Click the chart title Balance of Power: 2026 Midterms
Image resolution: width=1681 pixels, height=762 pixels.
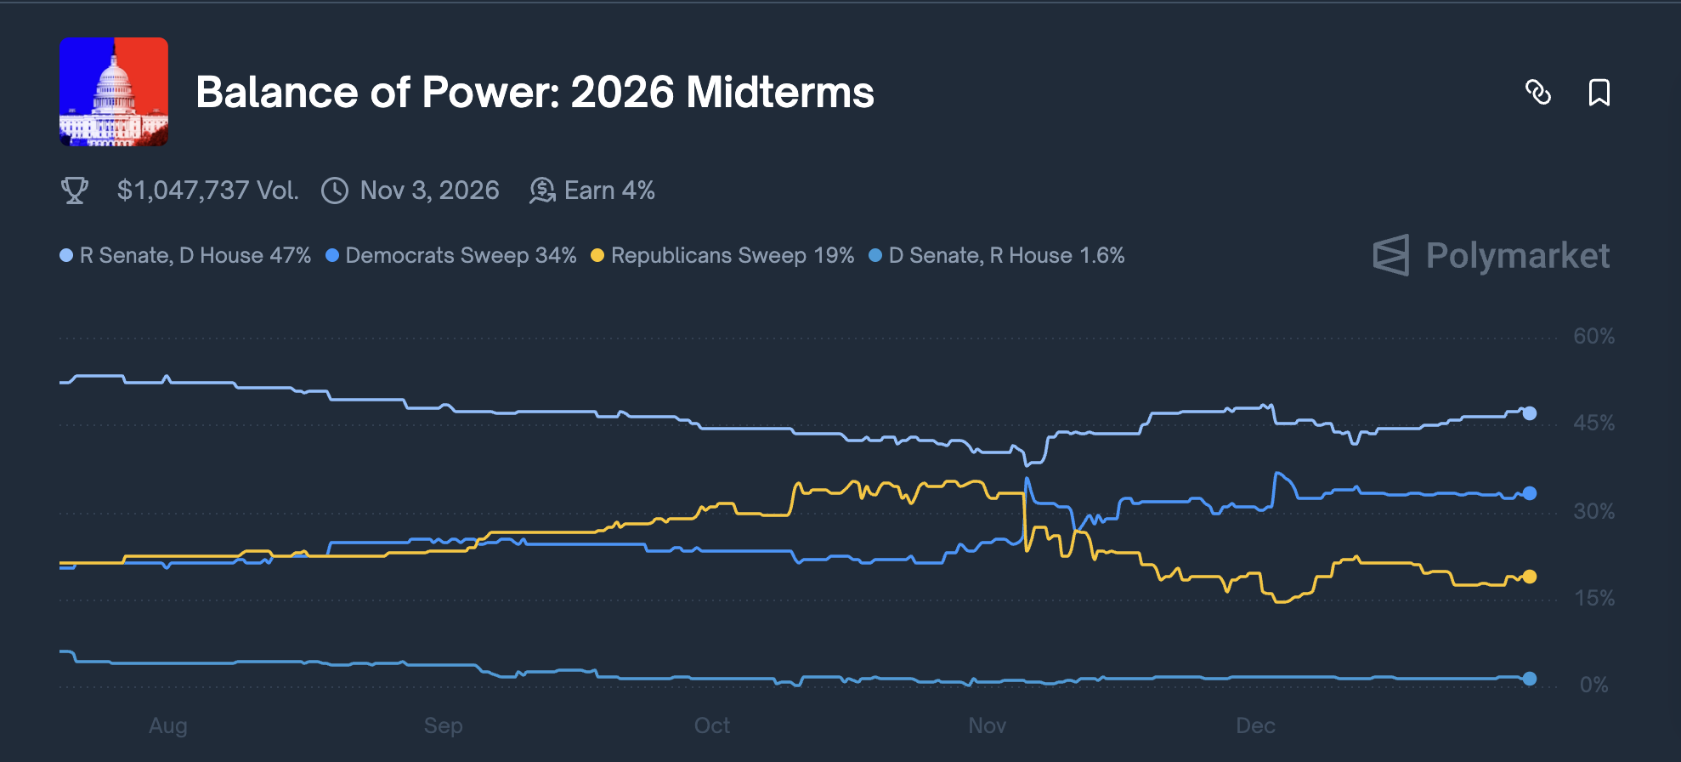535,92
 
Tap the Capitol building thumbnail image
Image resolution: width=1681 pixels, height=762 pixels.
114,92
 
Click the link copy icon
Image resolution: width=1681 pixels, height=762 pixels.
1538,92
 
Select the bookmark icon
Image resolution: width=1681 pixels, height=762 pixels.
1599,92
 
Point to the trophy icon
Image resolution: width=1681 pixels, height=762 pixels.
75,190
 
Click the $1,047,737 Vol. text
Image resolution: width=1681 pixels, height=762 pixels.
207,190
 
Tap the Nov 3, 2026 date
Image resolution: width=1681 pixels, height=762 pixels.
429,190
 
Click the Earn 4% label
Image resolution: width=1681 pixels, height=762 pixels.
609,190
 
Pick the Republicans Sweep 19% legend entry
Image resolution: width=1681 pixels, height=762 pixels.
732,256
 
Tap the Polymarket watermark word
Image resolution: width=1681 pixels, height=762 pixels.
1517,256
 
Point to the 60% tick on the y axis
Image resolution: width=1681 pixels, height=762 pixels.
1593,337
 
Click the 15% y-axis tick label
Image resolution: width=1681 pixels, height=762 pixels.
1593,599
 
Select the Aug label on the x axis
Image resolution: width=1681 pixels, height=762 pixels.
168,726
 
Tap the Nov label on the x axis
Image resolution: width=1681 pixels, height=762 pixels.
988,726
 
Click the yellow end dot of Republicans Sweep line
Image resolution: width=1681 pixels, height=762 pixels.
1530,577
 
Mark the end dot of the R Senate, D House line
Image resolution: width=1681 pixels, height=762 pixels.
1530,413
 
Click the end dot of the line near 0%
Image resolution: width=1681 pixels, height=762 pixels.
1530,679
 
